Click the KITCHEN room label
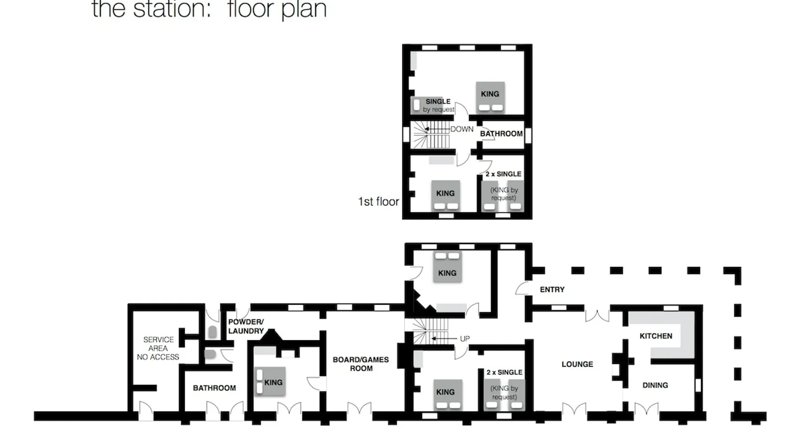click(x=656, y=336)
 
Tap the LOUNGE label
click(x=577, y=365)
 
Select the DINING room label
click(x=655, y=385)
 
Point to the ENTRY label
click(x=552, y=289)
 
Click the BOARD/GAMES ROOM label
click(x=361, y=364)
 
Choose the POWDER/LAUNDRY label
click(x=246, y=326)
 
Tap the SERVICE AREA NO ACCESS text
click(x=158, y=348)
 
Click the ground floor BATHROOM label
click(x=214, y=388)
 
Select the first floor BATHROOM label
click(x=501, y=134)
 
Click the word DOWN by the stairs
click(x=462, y=129)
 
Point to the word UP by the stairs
click(x=465, y=339)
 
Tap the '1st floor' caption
click(x=379, y=202)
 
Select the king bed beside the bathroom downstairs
click(x=270, y=382)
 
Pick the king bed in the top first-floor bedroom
click(x=490, y=97)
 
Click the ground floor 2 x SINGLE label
click(x=504, y=373)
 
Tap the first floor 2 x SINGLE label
click(x=504, y=174)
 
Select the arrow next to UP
click(x=444, y=339)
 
